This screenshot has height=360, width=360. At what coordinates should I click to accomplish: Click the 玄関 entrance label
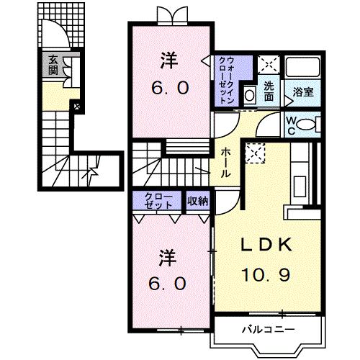[53, 66]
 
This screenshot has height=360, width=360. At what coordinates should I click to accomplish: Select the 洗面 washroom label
[268, 91]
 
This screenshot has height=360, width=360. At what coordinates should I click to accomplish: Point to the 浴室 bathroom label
[302, 92]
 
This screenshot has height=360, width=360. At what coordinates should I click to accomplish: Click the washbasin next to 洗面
[249, 94]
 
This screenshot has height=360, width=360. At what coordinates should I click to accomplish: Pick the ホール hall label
[225, 163]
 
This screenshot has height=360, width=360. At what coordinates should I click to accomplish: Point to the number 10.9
[265, 274]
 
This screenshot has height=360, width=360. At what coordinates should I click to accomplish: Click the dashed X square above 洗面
[268, 66]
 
